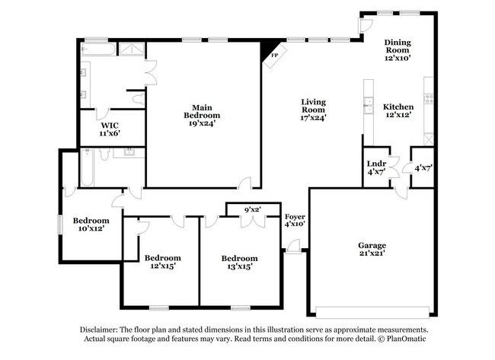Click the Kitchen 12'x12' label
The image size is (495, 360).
click(398, 110)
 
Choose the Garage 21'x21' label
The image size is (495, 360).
click(372, 250)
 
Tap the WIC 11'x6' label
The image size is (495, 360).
click(110, 129)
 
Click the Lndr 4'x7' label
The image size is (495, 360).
click(375, 168)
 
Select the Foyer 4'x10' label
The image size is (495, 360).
click(294, 220)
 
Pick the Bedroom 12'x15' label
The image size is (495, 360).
click(163, 262)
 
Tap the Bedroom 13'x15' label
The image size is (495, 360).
click(239, 262)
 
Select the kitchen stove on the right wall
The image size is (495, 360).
click(429, 97)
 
